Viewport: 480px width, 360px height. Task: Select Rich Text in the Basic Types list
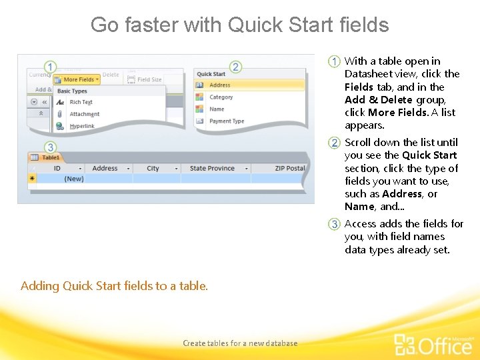pos(81,102)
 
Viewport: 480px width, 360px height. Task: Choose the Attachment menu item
pos(84,114)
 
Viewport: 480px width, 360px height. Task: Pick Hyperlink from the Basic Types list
pos(82,126)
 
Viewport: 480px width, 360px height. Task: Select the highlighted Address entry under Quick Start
pos(219,85)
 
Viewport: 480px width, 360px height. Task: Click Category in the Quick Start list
pos(221,97)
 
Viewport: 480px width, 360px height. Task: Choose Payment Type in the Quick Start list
pos(227,121)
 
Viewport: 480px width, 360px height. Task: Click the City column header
pos(153,169)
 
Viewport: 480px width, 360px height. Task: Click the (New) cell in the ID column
pos(73,179)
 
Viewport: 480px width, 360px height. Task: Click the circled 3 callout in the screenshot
pos(51,147)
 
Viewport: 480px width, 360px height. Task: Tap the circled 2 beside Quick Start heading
pos(235,67)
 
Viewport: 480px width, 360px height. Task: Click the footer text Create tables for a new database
pos(240,343)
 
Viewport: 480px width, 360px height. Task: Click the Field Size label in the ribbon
pos(149,79)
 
